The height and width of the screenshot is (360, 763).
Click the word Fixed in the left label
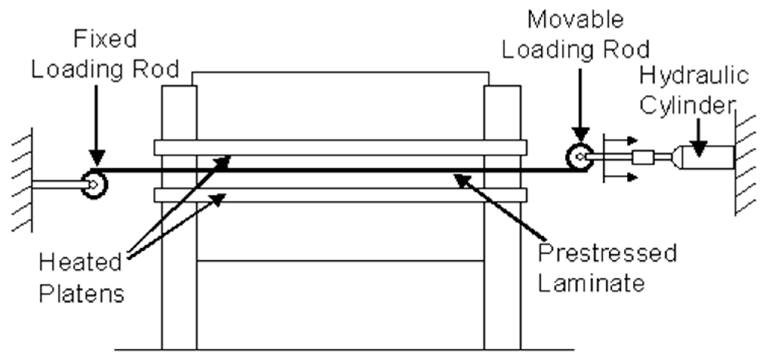tap(105, 39)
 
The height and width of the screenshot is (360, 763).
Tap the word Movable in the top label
tap(575, 19)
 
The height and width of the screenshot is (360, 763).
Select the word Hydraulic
tap(694, 75)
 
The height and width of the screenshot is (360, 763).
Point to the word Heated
tap(80, 262)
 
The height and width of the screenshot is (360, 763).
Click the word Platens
tap(82, 294)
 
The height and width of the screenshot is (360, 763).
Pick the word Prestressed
tap(607, 253)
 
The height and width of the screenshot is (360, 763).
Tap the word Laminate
tap(591, 283)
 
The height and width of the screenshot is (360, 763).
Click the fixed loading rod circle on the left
tap(94, 185)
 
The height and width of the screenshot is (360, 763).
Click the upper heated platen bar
tap(340, 147)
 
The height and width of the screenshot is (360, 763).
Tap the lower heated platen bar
tap(340, 195)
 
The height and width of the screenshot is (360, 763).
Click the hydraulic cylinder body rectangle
tap(708, 157)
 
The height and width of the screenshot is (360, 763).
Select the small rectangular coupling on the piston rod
tap(643, 157)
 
